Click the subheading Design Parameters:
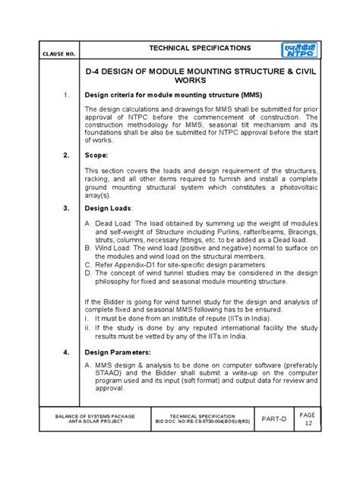click(x=117, y=352)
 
